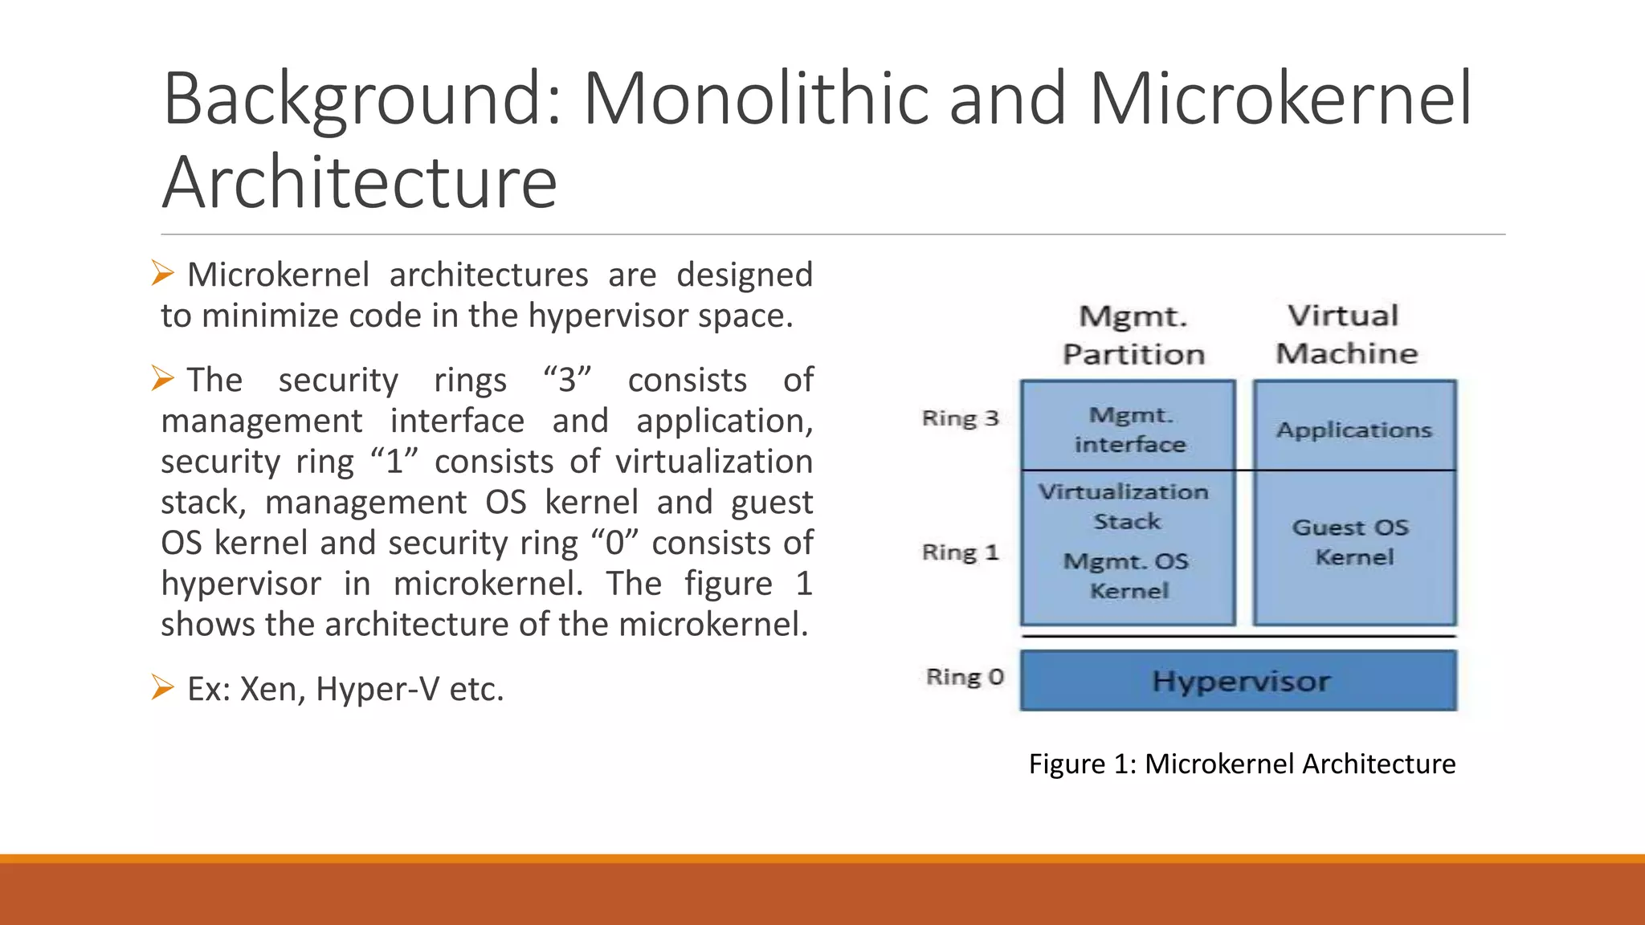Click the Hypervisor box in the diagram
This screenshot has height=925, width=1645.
[x=1239, y=681]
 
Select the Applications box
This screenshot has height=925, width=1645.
[x=1354, y=430]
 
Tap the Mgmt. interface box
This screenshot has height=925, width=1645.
[x=1129, y=430]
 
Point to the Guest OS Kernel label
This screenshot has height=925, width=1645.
[x=1352, y=542]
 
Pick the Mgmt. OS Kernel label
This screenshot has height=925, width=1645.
[x=1127, y=576]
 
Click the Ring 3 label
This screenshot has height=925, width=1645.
[x=960, y=418]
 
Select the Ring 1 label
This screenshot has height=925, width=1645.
[x=960, y=552]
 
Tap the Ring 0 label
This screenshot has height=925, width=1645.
[x=965, y=677]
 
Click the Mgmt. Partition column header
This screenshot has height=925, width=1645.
[x=1133, y=335]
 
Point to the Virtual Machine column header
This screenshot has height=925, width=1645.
[x=1346, y=334]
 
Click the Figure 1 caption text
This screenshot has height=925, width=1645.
[x=1242, y=764]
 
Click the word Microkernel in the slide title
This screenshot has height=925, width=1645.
[x=1280, y=99]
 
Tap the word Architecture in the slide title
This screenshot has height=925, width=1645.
[x=360, y=182]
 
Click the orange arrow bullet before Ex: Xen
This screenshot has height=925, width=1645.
[x=162, y=687]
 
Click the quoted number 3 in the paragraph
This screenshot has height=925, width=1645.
[x=568, y=380]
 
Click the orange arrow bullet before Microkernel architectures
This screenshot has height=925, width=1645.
[x=162, y=273]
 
